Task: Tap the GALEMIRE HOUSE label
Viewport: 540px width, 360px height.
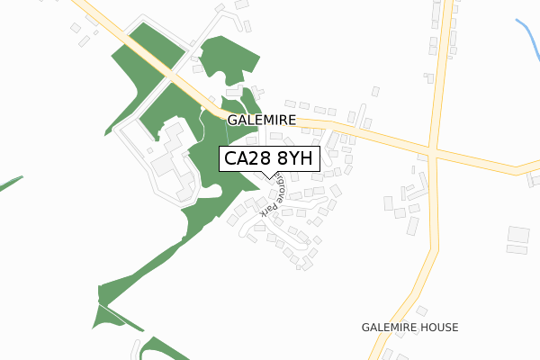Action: coord(409,327)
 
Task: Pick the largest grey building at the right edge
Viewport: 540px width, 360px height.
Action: coord(517,234)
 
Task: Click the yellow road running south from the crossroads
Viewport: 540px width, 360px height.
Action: coord(426,261)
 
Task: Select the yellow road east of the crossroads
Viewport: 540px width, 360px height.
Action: coord(486,166)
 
